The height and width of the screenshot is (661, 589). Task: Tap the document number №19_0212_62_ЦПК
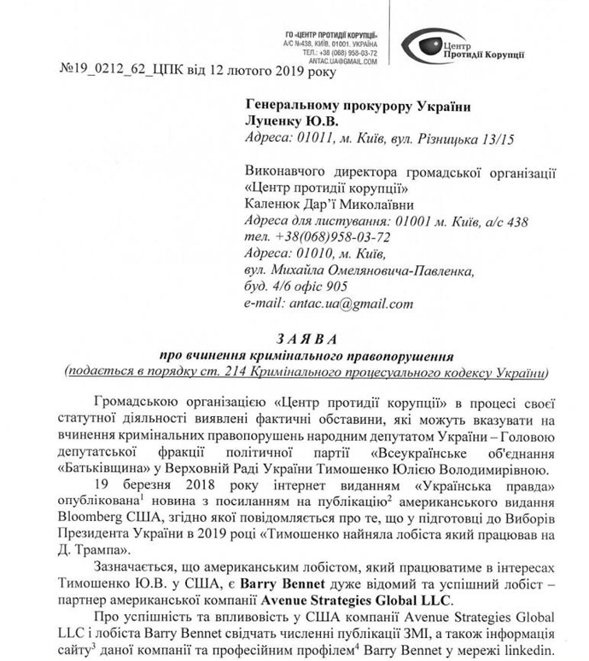tap(101, 72)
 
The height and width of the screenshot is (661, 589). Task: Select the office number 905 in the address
tap(336, 286)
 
